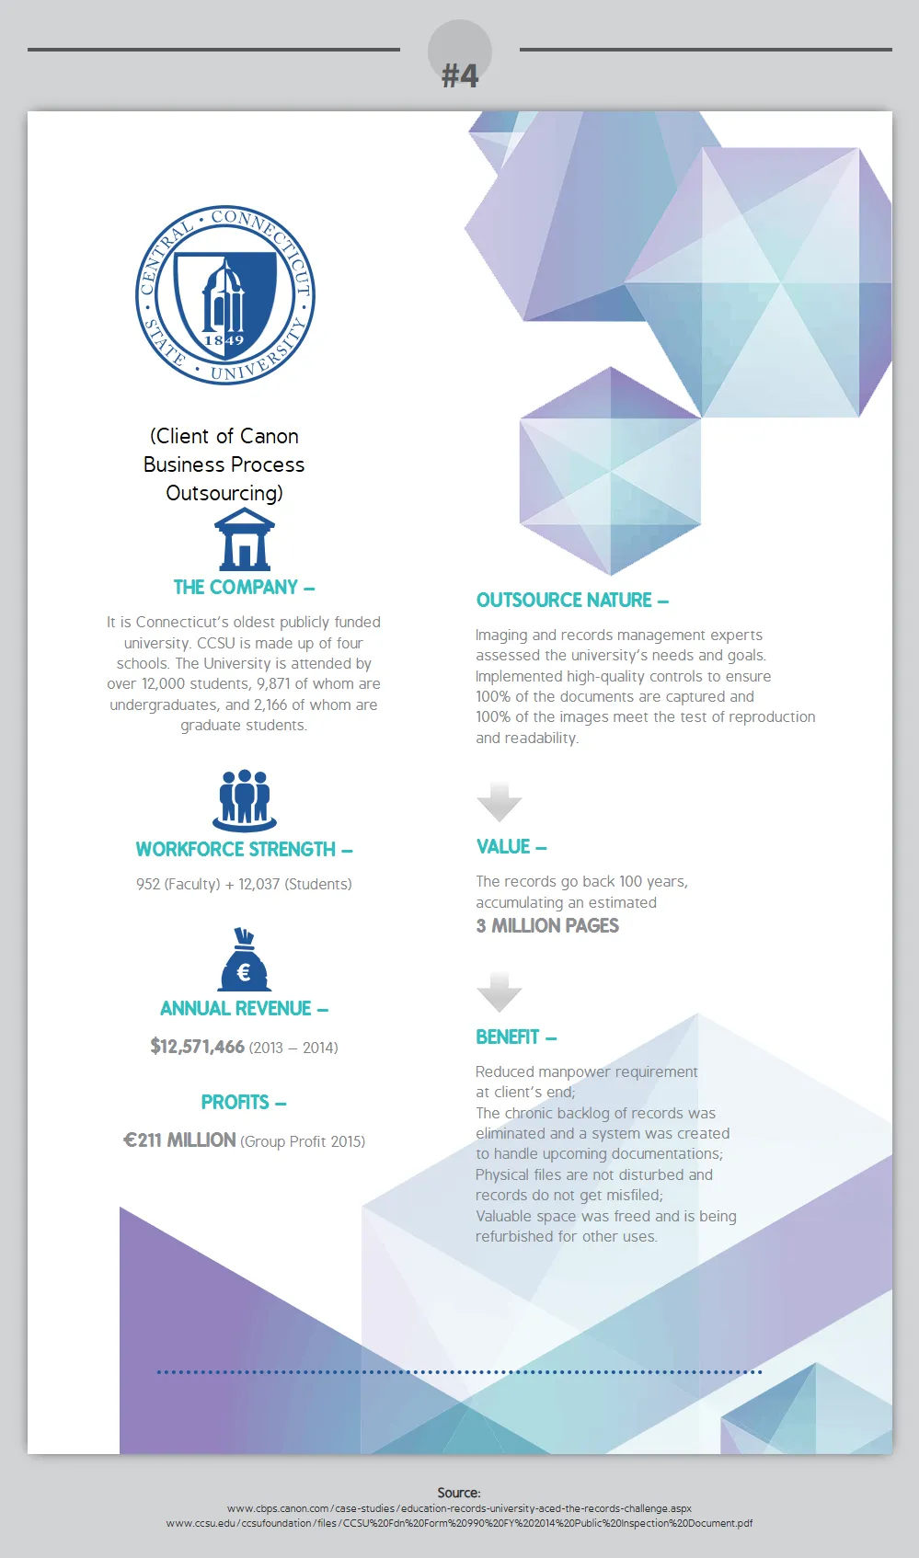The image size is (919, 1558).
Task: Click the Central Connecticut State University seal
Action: pyautogui.click(x=225, y=294)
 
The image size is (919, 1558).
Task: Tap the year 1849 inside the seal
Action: pyautogui.click(x=224, y=340)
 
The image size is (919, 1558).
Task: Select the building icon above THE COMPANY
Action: pyautogui.click(x=244, y=540)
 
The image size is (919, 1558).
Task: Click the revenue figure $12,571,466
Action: pyautogui.click(x=198, y=1047)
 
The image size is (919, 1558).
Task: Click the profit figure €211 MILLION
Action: pyautogui.click(x=180, y=1140)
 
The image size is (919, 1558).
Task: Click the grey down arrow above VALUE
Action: pyautogui.click(x=500, y=801)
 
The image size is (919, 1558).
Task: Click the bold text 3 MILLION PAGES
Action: pyautogui.click(x=547, y=926)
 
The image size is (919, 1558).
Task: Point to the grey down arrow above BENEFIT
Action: pyautogui.click(x=500, y=991)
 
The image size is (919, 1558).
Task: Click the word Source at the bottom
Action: pyautogui.click(x=458, y=1493)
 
